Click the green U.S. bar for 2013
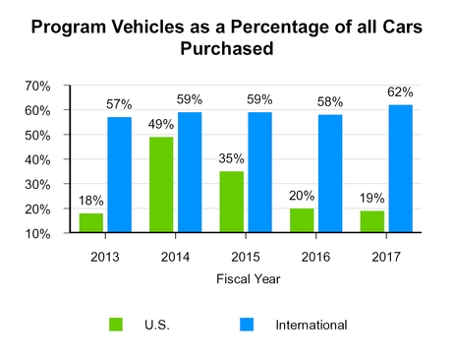90,223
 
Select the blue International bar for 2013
119,175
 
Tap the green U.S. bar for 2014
161,185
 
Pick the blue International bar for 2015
260,172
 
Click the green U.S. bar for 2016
303,220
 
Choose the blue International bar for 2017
401,169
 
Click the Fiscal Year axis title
248,278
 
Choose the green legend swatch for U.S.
116,324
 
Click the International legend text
312,324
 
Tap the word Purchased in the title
226,48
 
